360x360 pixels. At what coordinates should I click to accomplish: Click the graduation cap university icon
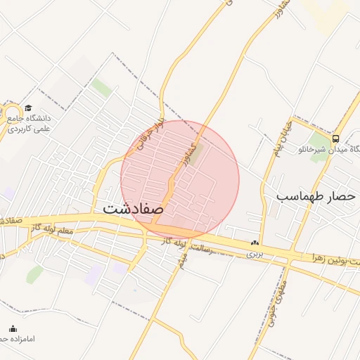point(28,108)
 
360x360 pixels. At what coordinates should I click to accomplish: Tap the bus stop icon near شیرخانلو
point(335,139)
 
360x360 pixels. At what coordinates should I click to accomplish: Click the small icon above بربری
point(255,243)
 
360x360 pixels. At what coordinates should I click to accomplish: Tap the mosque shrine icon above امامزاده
point(12,328)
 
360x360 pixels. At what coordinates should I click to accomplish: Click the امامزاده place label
point(21,339)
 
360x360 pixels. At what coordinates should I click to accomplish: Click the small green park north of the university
point(102,88)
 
